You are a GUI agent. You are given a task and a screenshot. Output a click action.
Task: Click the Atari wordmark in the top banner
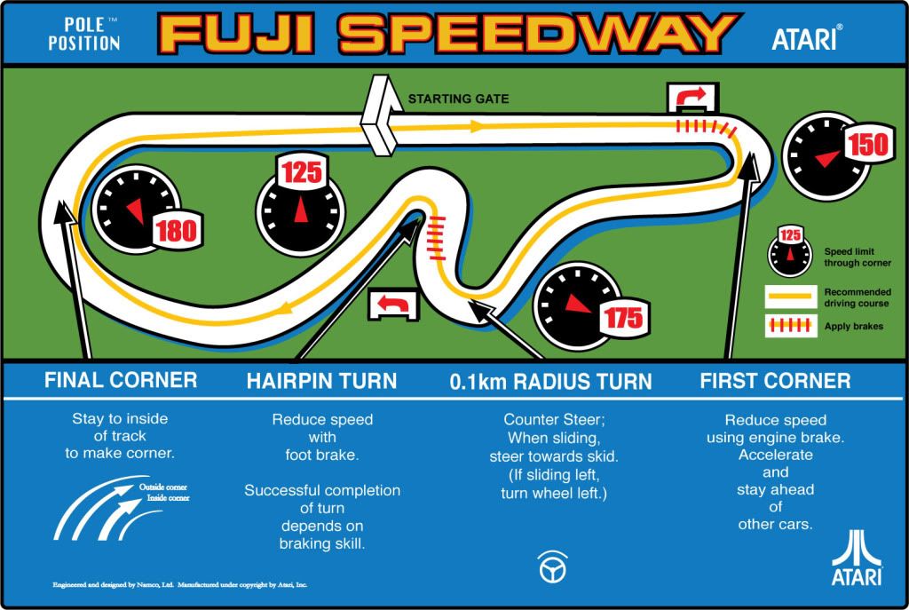[807, 37]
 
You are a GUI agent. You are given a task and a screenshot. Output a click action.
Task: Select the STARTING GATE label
[458, 99]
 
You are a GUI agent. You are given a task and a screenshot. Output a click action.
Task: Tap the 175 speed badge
[624, 317]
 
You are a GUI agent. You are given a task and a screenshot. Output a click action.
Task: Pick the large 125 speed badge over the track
[301, 172]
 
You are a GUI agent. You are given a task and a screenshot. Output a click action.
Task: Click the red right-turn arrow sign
[688, 96]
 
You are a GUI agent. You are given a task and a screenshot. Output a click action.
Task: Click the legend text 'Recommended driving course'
[858, 297]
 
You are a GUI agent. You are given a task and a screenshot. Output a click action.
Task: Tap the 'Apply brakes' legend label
[854, 326]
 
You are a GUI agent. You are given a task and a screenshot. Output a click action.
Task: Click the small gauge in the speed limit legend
[789, 251]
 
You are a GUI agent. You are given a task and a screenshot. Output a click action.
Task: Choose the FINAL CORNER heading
[121, 381]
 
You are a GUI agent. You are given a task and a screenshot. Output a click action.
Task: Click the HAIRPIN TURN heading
[321, 382]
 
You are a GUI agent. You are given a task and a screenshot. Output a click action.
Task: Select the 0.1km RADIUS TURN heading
[550, 382]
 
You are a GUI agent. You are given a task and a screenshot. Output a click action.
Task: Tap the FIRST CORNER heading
[775, 381]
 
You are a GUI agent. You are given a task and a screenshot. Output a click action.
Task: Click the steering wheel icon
[552, 566]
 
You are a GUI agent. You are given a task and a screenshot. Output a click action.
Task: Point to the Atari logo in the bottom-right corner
[857, 559]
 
